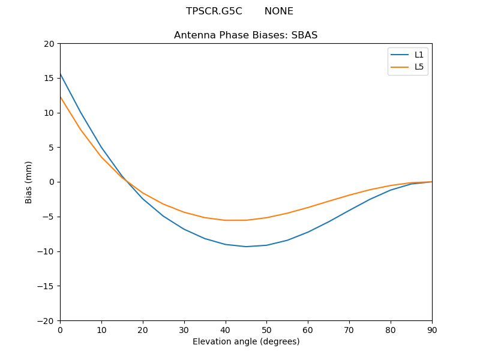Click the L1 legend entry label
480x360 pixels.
pyautogui.click(x=419, y=55)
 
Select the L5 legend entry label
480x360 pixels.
pyautogui.click(x=419, y=67)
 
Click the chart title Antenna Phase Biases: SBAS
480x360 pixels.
pyautogui.click(x=245, y=35)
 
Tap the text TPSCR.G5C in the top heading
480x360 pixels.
pyautogui.click(x=214, y=11)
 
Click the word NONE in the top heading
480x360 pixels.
pyautogui.click(x=278, y=11)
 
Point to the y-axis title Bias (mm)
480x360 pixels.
pyautogui.click(x=29, y=182)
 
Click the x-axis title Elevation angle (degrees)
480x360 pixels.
pyautogui.click(x=245, y=341)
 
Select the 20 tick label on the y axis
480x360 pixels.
pyautogui.click(x=49, y=44)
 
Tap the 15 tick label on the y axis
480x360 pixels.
pyautogui.click(x=49, y=78)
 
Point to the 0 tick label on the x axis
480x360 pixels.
pyautogui.click(x=60, y=329)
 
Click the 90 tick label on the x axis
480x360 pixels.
pyautogui.click(x=431, y=329)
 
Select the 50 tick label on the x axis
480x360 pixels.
pyautogui.click(x=266, y=329)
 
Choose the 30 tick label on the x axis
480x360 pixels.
pyautogui.click(x=184, y=329)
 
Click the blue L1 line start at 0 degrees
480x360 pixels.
pyautogui.click(x=61, y=74)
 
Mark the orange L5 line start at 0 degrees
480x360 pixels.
pyautogui.click(x=61, y=97)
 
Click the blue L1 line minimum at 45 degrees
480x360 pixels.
pyautogui.click(x=246, y=247)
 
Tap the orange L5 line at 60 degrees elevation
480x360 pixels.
pyautogui.click(x=308, y=208)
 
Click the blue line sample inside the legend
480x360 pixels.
pyautogui.click(x=400, y=55)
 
